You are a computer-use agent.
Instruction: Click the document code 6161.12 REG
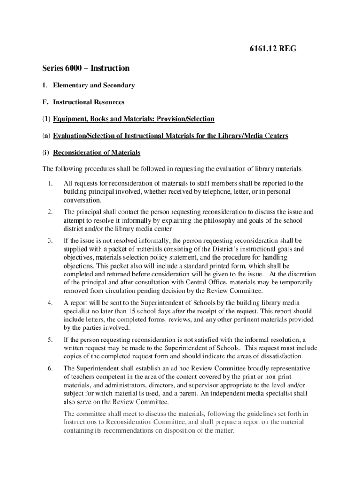(271, 48)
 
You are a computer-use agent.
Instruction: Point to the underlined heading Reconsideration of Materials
(97, 152)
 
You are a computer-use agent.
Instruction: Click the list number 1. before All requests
(50, 183)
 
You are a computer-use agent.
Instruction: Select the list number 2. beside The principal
(50, 212)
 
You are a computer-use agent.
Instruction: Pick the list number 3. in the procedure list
(50, 240)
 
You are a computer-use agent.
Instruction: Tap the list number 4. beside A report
(50, 303)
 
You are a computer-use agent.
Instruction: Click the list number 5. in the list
(50, 340)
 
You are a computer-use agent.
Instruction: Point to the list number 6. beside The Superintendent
(50, 368)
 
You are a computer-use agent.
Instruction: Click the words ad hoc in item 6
(164, 368)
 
